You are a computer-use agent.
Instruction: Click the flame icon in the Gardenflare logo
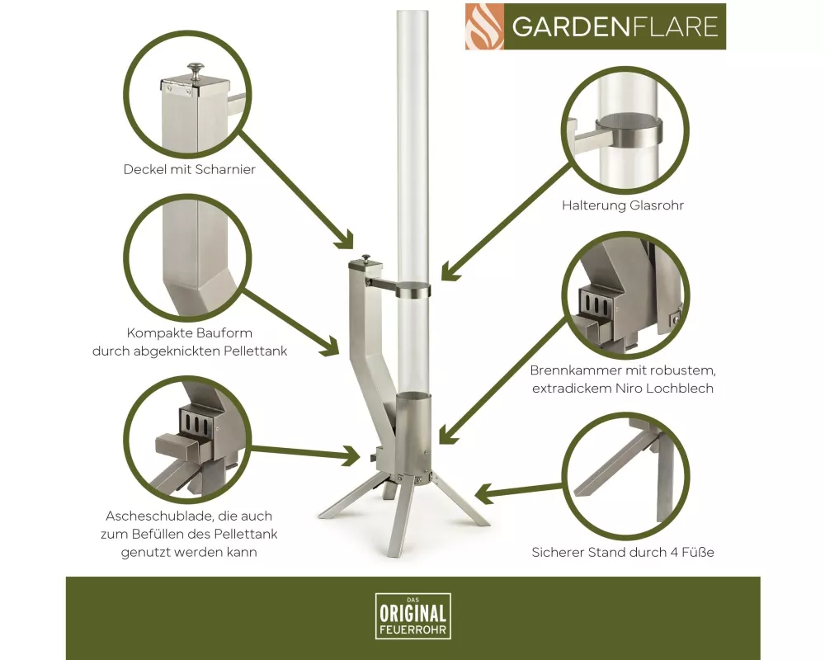[484, 27]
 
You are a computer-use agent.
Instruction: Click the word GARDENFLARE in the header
[615, 27]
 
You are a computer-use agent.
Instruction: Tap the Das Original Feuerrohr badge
[413, 615]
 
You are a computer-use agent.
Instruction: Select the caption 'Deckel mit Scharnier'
[190, 169]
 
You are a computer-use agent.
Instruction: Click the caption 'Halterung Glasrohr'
[623, 205]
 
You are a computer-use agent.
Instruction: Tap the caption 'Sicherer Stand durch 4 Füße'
[623, 552]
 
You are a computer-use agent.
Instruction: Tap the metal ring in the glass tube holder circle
[629, 130]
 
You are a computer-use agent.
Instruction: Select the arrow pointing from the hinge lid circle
[295, 190]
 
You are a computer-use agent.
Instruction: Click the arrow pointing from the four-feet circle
[518, 492]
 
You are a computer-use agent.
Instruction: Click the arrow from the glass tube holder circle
[506, 221]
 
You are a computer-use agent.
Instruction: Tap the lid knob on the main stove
[365, 259]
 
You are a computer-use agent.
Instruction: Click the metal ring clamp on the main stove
[413, 290]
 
